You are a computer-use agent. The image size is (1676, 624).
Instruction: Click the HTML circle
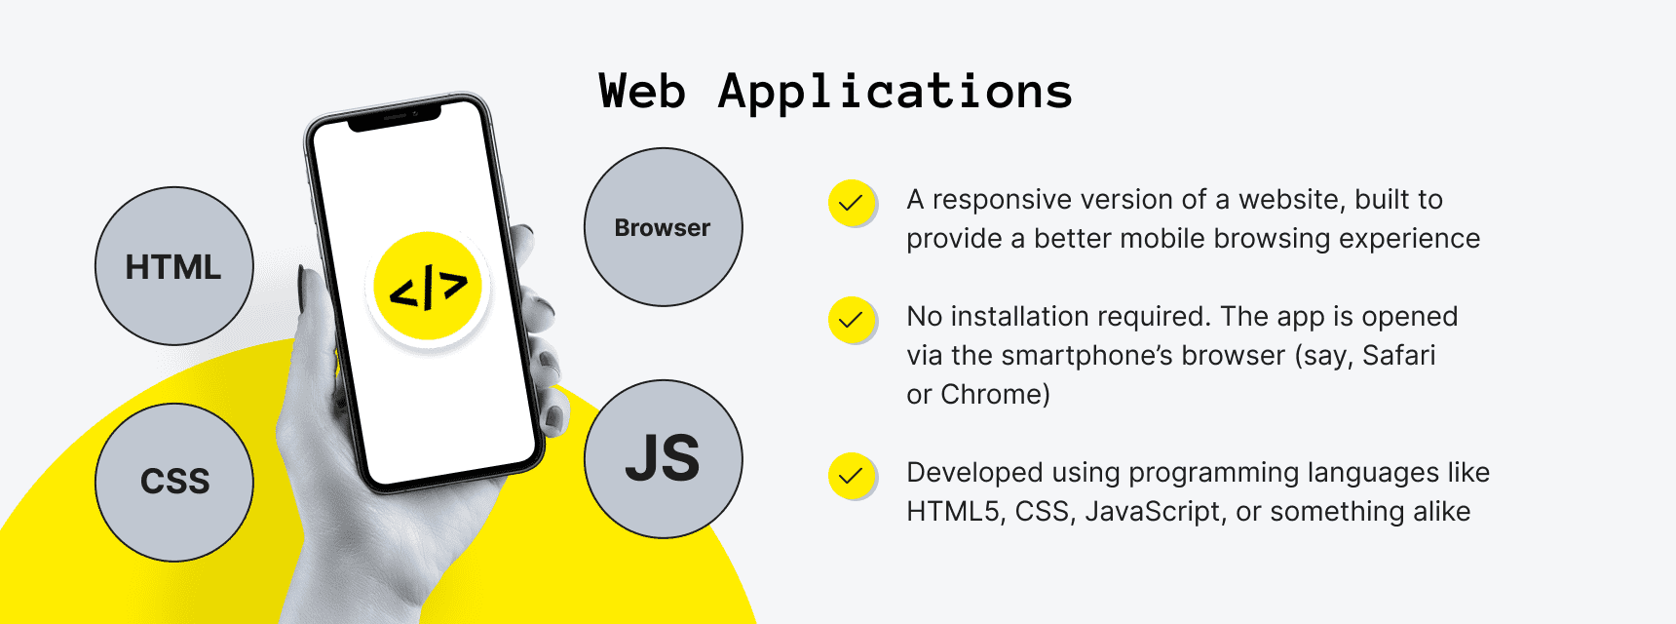point(174,266)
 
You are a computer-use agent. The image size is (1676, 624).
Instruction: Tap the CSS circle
point(174,483)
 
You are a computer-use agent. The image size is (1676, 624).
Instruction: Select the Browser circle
point(664,227)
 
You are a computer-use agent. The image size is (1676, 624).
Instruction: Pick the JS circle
point(664,459)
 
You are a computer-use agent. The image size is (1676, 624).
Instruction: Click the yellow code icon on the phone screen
point(428,287)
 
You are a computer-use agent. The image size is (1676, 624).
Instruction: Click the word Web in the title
point(642,92)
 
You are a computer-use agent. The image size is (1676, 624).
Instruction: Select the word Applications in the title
point(895,93)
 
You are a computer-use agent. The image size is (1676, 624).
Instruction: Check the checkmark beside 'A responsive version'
point(852,203)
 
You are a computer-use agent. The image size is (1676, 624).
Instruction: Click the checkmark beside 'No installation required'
point(852,320)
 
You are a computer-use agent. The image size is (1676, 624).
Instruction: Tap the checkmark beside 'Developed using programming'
point(852,476)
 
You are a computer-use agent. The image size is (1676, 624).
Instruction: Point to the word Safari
point(1399,355)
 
